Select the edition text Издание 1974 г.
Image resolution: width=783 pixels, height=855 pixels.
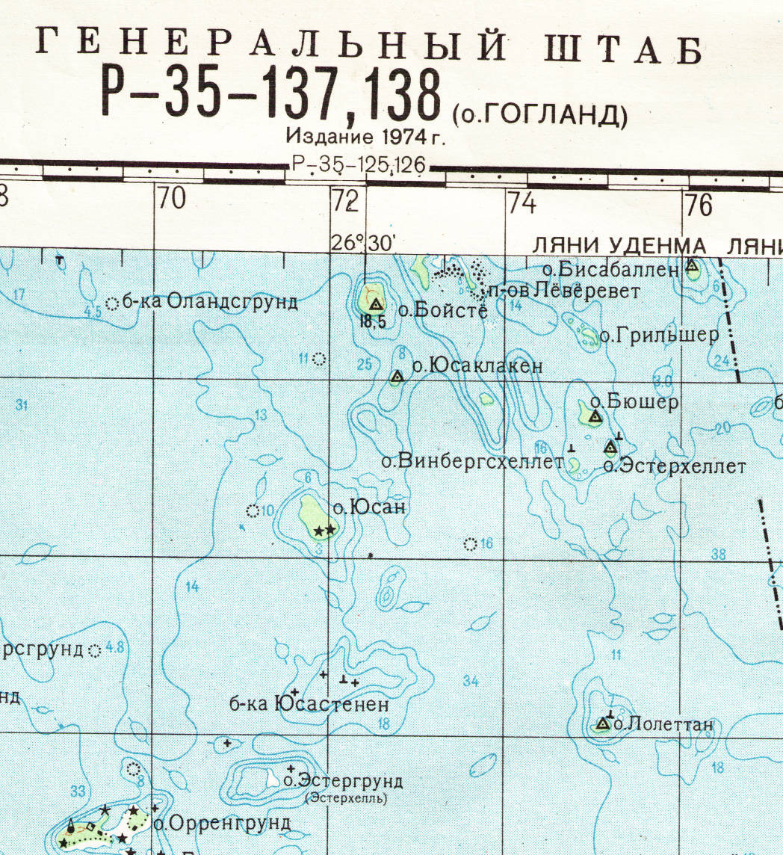click(365, 138)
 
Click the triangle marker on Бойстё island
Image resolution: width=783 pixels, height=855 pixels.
click(376, 303)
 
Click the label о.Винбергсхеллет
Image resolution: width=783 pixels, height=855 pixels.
click(471, 462)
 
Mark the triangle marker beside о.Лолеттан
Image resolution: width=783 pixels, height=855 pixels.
click(603, 723)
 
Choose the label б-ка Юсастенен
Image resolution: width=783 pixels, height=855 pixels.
click(309, 705)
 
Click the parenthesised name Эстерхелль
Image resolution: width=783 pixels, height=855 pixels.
click(347, 798)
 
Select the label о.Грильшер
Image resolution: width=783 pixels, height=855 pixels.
click(659, 336)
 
